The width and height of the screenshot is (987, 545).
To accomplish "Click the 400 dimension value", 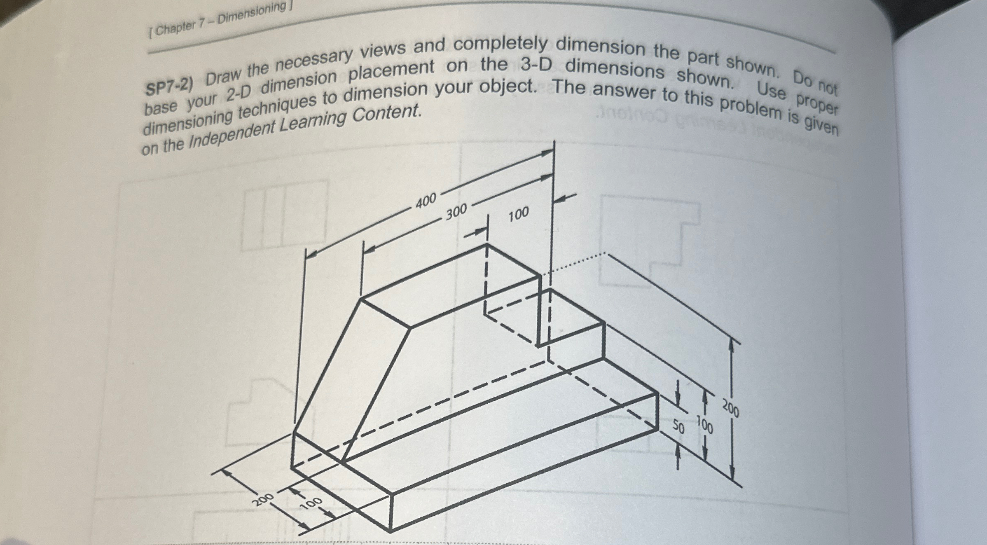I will coord(426,201).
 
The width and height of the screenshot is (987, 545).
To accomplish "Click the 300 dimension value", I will coord(456,212).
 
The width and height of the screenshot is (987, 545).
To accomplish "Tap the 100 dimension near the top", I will coord(518,215).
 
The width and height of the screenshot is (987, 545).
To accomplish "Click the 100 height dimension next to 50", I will coord(705,425).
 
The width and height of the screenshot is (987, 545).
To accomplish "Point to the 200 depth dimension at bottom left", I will coord(263,500).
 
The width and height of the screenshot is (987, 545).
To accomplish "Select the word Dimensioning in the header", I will coord(251,13).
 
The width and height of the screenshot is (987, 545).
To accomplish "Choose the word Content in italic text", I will coord(387,113).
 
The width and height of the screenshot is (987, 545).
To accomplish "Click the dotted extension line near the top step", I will coord(573,264).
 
